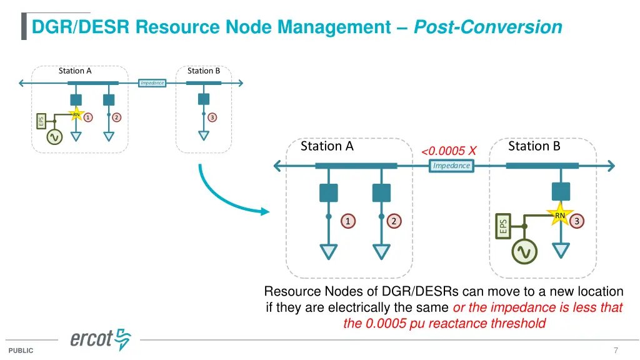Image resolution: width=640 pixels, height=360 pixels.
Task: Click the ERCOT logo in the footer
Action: coord(101,339)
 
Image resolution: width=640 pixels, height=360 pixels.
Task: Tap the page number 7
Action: coord(616,350)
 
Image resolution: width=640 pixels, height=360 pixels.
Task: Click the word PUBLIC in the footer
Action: coord(21,351)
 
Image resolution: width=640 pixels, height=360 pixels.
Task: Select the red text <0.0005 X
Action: coord(449,151)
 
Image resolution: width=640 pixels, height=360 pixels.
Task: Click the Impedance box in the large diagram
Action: coord(451,166)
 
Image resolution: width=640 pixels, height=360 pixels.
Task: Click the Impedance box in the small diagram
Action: coord(152,82)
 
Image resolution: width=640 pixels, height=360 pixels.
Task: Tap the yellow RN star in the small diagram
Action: coord(76,114)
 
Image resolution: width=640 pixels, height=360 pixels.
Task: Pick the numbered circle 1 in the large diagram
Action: coord(348,221)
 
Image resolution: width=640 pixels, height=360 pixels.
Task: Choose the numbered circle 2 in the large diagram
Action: coord(394,221)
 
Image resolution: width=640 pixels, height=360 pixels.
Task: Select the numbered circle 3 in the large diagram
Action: coord(577,221)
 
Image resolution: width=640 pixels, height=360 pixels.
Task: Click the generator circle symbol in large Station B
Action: coord(524,251)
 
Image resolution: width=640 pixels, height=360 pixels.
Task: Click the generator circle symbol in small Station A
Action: coord(54,137)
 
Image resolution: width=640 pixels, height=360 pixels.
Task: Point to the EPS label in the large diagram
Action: coord(503,226)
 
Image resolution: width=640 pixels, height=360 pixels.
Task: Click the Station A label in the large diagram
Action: coord(327,146)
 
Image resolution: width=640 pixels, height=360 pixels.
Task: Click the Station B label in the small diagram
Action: coord(204,71)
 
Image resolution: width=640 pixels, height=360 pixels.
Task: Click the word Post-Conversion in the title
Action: coord(488,27)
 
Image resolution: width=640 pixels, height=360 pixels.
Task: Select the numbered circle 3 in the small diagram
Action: coord(212,117)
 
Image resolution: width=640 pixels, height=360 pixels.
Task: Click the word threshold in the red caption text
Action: coord(517,323)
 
